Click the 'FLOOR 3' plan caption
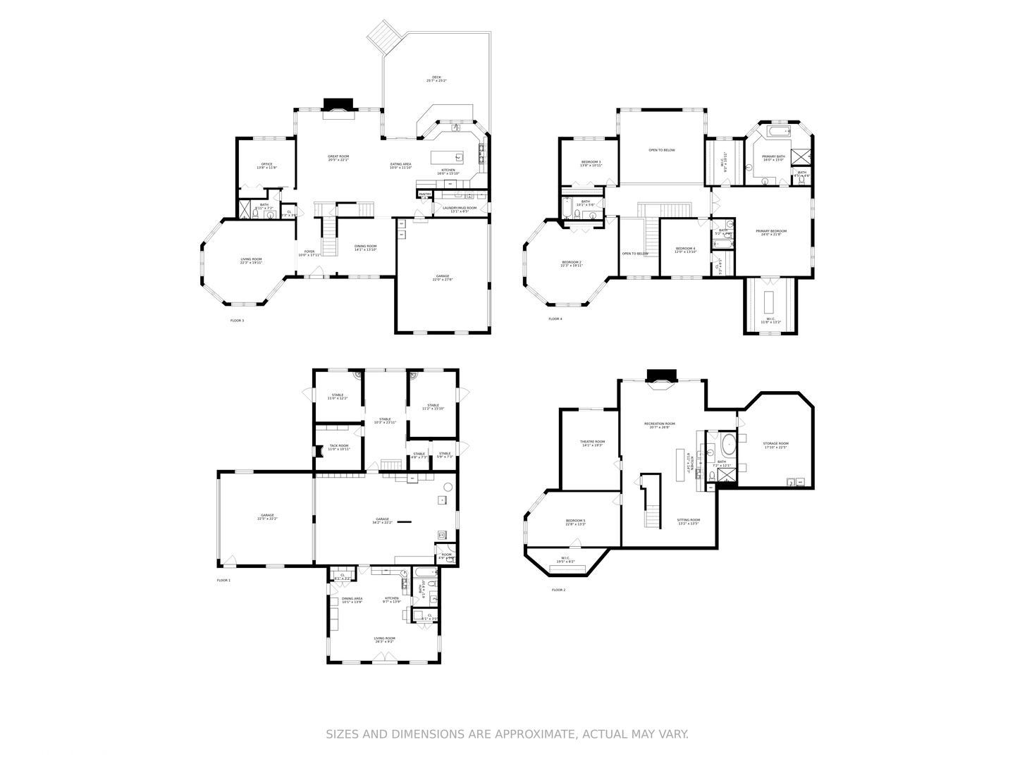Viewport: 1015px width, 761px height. [x=237, y=321]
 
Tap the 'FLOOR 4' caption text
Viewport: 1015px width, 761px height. [x=555, y=319]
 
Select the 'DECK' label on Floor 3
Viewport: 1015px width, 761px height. [x=436, y=78]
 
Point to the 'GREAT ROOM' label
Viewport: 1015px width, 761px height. [x=338, y=156]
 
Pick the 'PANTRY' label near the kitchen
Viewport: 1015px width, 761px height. [x=425, y=194]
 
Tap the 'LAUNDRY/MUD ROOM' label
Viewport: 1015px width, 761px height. [x=459, y=208]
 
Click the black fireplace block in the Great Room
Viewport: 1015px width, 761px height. [x=335, y=104]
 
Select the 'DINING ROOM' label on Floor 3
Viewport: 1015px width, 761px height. [x=365, y=246]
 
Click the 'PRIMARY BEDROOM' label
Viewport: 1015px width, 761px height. [x=771, y=231]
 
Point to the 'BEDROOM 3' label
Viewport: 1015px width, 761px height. [x=591, y=162]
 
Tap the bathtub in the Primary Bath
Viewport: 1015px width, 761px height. [x=779, y=132]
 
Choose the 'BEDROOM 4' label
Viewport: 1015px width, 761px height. [x=685, y=248]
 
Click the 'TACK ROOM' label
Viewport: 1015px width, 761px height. [x=338, y=445]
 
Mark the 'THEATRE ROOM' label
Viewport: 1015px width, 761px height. [x=593, y=442]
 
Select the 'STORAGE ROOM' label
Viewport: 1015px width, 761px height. [x=775, y=444]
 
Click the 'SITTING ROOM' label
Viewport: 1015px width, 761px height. [x=689, y=520]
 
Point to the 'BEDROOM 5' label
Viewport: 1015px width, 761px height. [x=575, y=521]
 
